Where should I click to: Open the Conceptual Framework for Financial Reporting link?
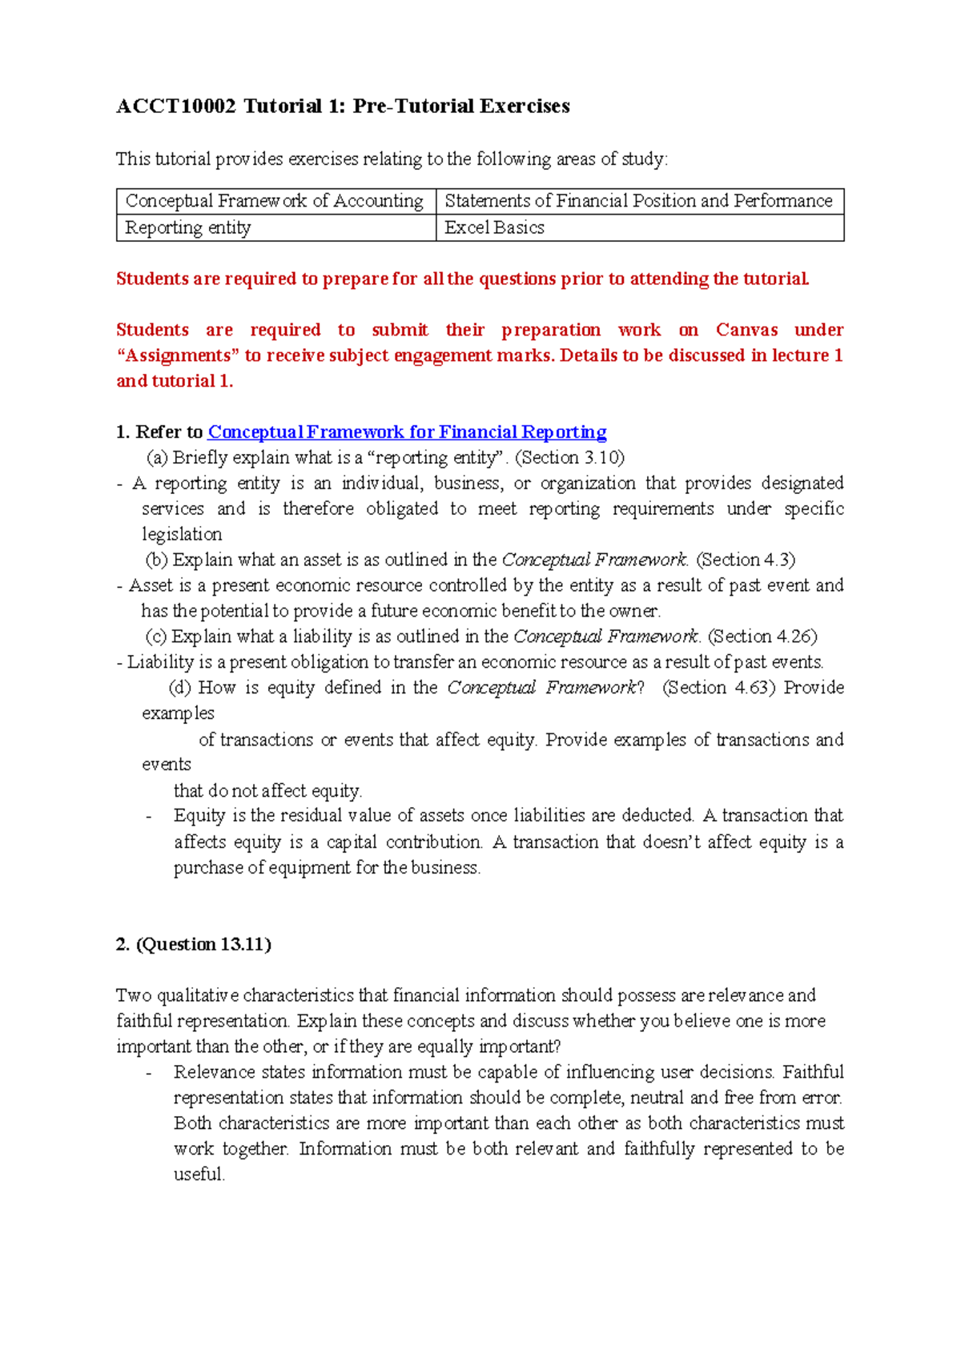[407, 432]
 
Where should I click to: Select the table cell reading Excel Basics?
[494, 228]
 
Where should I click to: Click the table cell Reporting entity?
[188, 228]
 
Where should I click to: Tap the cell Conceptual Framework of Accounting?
[275, 201]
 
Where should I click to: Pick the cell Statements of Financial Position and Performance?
[638, 201]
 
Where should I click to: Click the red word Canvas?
[746, 330]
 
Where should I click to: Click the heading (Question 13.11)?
[203, 945]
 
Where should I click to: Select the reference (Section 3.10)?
[569, 458]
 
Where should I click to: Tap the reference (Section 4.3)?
[746, 560]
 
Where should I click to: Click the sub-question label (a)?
[157, 458]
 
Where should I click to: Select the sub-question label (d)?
[179, 688]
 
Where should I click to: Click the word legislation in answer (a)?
[182, 534]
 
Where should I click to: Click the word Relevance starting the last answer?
[211, 1072]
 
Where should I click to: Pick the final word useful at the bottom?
[199, 1175]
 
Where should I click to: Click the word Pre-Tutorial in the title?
[412, 106]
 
